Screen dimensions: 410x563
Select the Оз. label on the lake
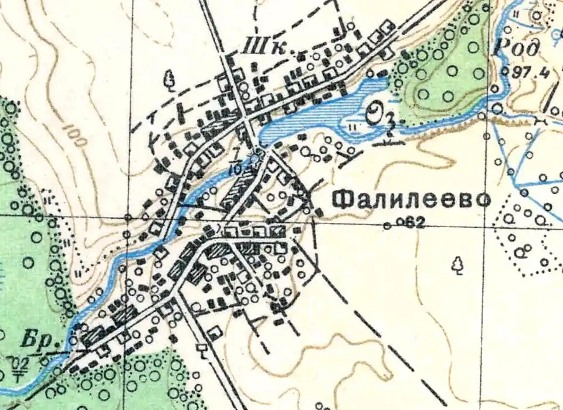[x=379, y=116]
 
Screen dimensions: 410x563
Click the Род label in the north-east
[x=507, y=47]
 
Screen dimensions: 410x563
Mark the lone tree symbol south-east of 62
[x=457, y=266]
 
